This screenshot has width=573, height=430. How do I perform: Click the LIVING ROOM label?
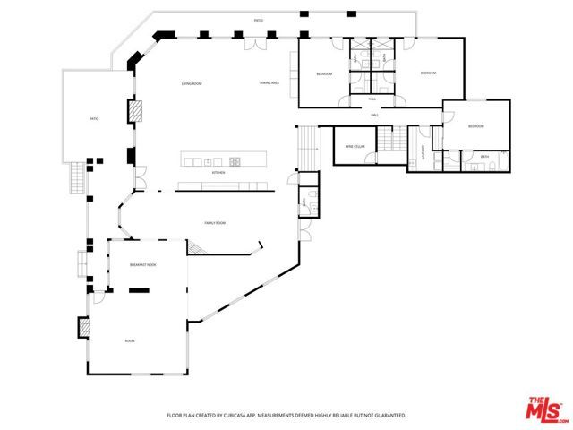[x=192, y=83]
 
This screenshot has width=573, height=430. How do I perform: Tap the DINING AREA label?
[x=269, y=82]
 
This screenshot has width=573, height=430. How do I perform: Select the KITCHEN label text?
[x=218, y=172]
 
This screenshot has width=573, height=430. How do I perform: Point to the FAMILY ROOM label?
[x=215, y=222]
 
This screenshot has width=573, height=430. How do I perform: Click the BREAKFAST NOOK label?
[x=143, y=265]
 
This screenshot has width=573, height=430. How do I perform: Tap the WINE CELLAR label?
[x=355, y=146]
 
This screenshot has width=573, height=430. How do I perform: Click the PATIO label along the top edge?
[x=259, y=20]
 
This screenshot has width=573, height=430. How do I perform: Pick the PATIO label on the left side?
[x=93, y=118]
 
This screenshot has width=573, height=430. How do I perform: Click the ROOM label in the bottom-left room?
[x=130, y=340]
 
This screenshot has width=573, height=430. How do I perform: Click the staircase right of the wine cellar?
[x=387, y=139]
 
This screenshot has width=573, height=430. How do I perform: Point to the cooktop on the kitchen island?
[x=235, y=161]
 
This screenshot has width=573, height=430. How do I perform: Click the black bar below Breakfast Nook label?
[x=139, y=289]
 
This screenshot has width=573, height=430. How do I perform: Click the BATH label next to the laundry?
[x=484, y=157]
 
